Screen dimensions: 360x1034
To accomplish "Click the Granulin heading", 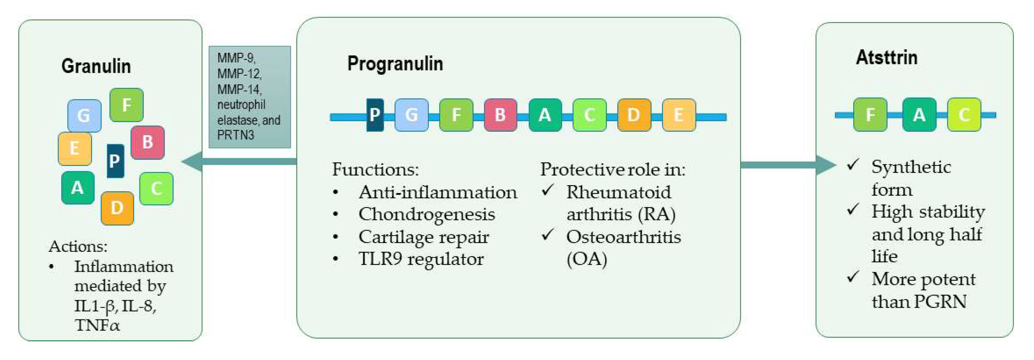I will tap(96, 66).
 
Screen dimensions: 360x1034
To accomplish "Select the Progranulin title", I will tap(395, 64).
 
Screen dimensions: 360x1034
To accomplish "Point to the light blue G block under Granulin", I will tap(84, 116).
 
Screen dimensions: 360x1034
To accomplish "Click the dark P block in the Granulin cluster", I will tap(115, 161).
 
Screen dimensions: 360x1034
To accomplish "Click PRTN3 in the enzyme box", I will tap(236, 135).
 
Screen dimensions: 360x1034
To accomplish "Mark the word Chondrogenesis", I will tap(426, 214).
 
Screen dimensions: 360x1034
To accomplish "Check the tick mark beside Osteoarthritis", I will tap(548, 234).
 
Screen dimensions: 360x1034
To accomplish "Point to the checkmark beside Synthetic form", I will tap(853, 164).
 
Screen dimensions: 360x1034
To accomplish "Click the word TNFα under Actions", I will tap(97, 325).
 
